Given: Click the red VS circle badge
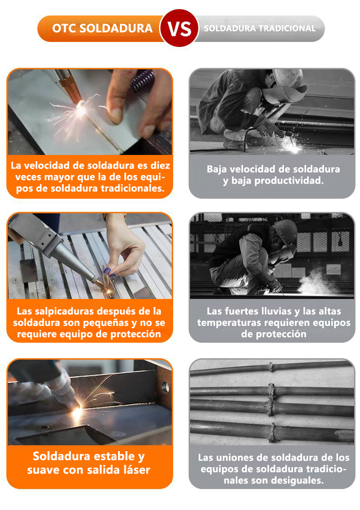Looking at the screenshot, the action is [x=179, y=28].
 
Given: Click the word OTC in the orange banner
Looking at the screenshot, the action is [x=64, y=28].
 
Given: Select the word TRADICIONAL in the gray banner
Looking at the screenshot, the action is [x=287, y=28].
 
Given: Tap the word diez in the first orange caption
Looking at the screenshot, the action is [x=160, y=165].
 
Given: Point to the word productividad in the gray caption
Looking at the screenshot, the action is [x=288, y=180].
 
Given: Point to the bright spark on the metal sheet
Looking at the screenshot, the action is [x=80, y=108].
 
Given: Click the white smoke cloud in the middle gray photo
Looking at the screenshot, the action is [x=314, y=283].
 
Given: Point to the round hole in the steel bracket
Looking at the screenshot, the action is [x=165, y=387].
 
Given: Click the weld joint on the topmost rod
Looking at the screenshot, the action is [x=271, y=367].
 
